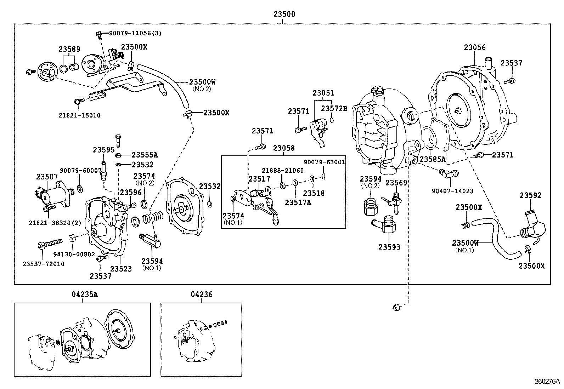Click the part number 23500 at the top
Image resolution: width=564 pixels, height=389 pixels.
(x=284, y=15)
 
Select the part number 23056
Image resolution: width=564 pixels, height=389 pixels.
(x=475, y=47)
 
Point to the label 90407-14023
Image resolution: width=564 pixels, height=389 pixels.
(x=452, y=191)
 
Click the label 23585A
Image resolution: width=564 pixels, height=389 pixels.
(x=432, y=159)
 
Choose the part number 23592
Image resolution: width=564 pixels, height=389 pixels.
(x=530, y=195)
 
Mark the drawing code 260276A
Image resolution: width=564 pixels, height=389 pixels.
(x=547, y=382)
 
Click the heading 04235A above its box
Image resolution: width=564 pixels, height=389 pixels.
(x=82, y=294)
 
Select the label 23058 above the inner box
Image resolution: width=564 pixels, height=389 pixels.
(x=284, y=148)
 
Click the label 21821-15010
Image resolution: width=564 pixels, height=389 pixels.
(x=80, y=115)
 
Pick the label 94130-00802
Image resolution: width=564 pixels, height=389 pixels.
(x=74, y=254)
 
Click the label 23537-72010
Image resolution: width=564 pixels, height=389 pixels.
(x=43, y=264)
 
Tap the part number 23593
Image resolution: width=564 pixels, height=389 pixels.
(x=389, y=247)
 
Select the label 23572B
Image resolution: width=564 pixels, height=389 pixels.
(x=334, y=108)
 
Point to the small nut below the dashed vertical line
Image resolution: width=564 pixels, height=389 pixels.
(x=396, y=307)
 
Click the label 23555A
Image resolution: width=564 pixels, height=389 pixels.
(x=145, y=155)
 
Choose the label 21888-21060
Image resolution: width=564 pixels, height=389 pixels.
(x=282, y=170)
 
